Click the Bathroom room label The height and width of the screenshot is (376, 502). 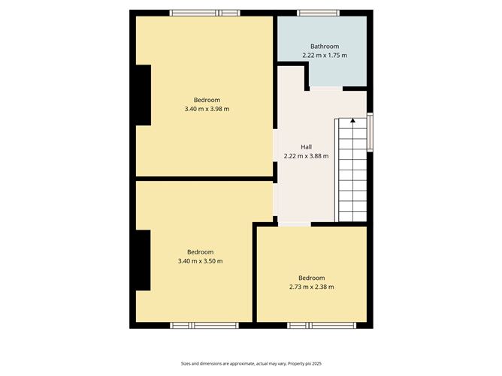(x=325, y=47)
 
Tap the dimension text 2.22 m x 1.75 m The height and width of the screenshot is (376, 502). (x=325, y=56)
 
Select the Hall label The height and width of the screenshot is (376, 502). (x=306, y=147)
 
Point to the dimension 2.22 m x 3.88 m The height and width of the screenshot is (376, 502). (x=306, y=156)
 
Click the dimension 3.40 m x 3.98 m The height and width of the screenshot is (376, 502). (x=207, y=110)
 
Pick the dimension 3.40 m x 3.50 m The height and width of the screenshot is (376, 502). (x=200, y=261)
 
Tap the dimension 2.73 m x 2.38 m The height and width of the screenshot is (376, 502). (x=311, y=287)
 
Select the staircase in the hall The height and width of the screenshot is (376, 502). (x=351, y=170)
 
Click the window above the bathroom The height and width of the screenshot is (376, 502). (x=318, y=13)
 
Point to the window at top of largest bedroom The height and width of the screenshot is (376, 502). (x=204, y=13)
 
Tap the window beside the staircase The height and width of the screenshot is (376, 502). (x=370, y=132)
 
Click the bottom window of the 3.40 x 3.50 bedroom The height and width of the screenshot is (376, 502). (x=204, y=325)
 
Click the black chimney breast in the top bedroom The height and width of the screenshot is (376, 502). (x=143, y=95)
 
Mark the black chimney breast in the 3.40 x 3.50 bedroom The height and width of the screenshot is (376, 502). (x=143, y=260)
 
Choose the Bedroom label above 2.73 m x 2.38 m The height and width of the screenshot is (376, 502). (x=311, y=278)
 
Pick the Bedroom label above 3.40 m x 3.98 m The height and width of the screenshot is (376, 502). (x=207, y=101)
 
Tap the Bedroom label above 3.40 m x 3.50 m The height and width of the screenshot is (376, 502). (x=200, y=252)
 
